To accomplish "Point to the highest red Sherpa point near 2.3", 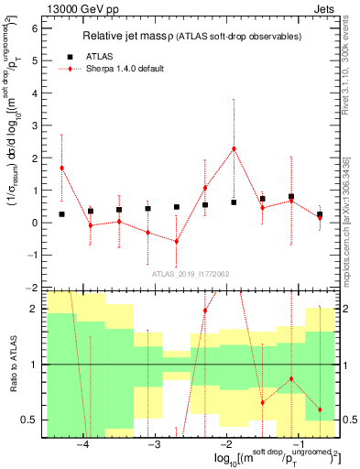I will tap(234, 148).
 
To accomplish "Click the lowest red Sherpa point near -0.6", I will tap(177, 241).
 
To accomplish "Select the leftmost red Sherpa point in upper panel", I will tap(61, 168).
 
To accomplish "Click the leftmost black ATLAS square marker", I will tap(61, 214).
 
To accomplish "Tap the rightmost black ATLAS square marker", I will tap(320, 214).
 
